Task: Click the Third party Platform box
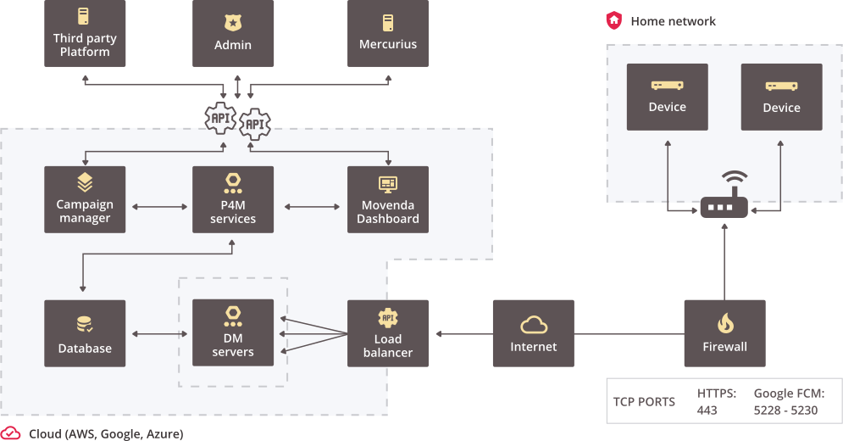[85, 33]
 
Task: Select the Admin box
[233, 33]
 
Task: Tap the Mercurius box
[388, 33]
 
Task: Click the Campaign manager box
[85, 199]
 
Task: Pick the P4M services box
[233, 199]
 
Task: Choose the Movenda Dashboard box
[388, 199]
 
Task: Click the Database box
[85, 333]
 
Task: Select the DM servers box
[233, 332]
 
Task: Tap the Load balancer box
[388, 333]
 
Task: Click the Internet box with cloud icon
[534, 333]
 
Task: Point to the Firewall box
[724, 333]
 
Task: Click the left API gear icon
[221, 118]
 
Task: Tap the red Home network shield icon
[613, 20]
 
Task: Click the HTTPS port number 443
[707, 410]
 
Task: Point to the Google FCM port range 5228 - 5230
[785, 410]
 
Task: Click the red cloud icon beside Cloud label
[11, 433]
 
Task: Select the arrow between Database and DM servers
[159, 334]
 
